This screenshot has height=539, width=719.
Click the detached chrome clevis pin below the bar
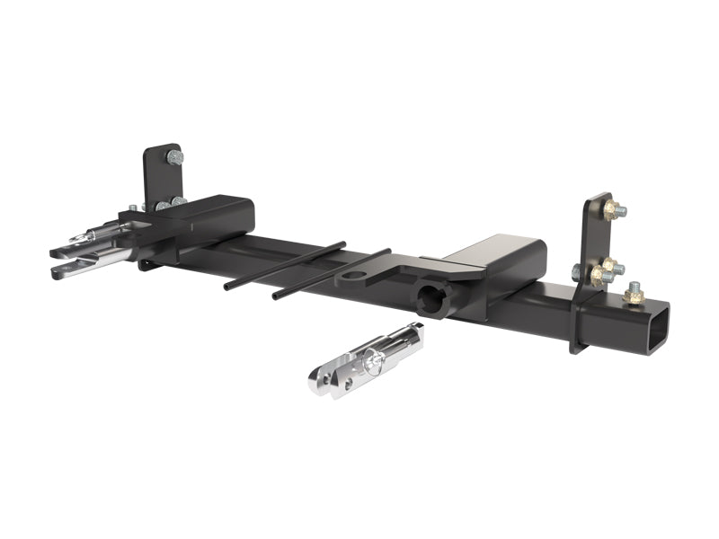coord(364,359)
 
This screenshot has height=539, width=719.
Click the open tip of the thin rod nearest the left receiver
coord(227,287)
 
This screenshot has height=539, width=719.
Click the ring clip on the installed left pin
coord(87,237)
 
